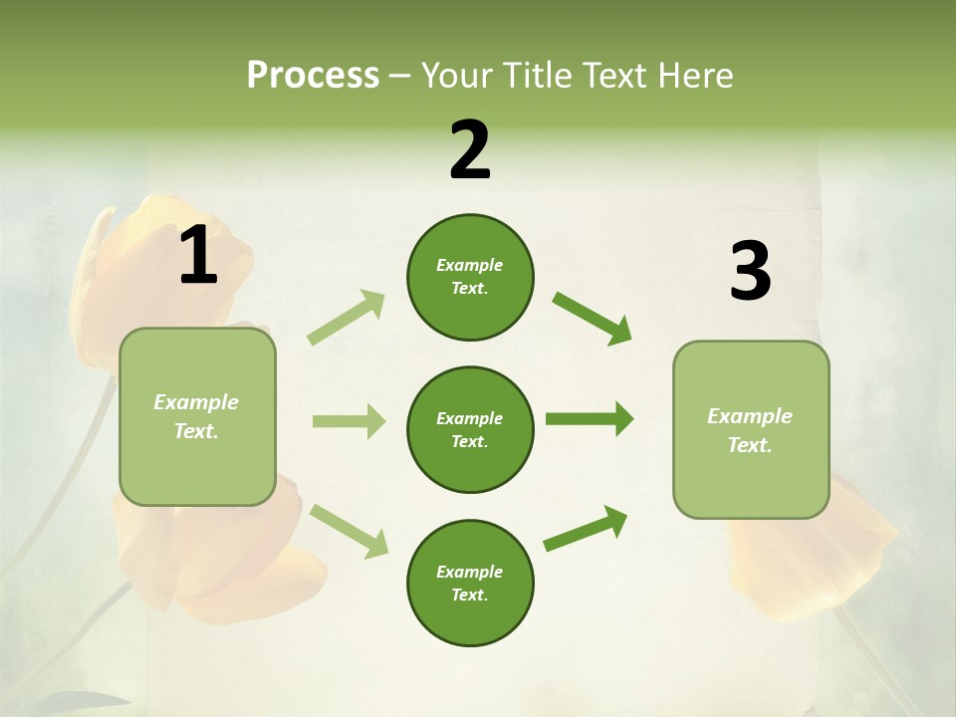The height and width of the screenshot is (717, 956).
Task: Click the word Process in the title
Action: (313, 76)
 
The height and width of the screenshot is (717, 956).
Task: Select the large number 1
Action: (198, 255)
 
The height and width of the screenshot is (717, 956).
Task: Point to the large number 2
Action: (470, 150)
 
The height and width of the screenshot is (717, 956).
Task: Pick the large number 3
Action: (750, 271)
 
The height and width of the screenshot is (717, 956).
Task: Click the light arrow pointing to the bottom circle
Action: (349, 531)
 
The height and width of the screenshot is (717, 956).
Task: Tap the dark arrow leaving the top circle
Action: (593, 319)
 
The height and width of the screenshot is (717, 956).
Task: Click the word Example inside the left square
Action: (196, 402)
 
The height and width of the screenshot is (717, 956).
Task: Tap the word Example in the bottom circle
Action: (469, 572)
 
